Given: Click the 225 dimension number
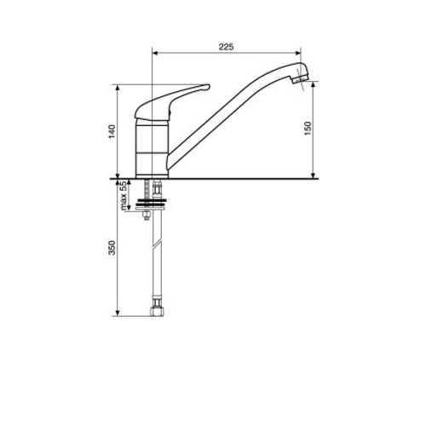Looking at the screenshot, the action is point(226,47).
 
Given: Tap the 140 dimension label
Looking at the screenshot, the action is point(112,131).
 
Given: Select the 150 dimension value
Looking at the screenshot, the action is point(308,129).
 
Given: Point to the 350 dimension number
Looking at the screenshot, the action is point(112,248).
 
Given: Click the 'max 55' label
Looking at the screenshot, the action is point(123,196).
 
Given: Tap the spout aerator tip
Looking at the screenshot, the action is point(301,78).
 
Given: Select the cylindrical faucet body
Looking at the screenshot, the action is point(153,148).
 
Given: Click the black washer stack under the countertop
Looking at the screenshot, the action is point(152,203).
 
